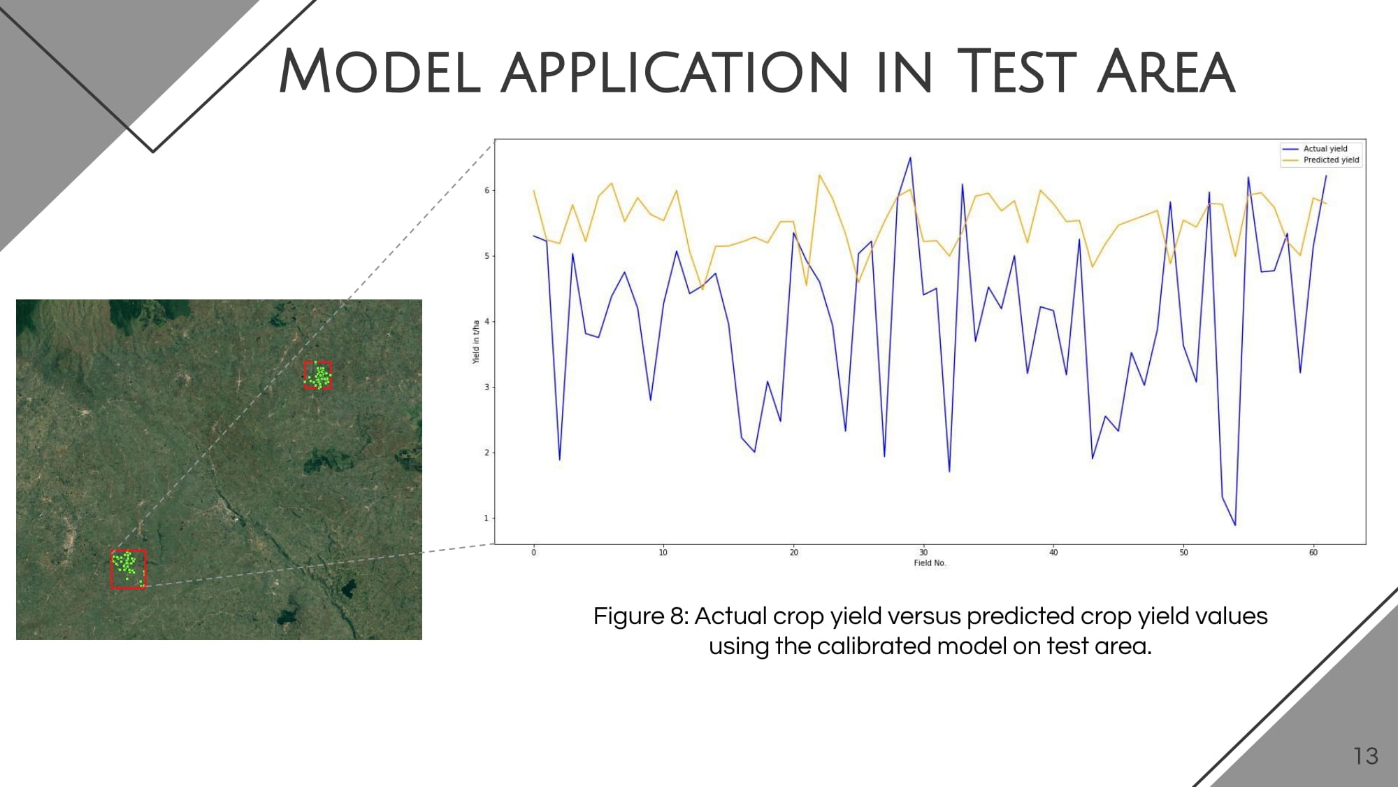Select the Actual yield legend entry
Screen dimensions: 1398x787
[1321, 148]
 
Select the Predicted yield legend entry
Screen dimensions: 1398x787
[1321, 160]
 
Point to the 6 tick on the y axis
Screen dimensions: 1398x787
[487, 190]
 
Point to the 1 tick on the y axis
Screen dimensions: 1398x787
[487, 518]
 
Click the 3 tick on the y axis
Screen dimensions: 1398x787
[487, 387]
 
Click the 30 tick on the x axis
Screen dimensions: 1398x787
[923, 553]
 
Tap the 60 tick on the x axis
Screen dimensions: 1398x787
[1313, 553]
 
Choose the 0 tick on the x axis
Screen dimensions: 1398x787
[533, 553]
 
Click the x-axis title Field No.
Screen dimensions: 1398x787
[930, 563]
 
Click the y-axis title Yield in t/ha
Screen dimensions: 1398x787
[476, 342]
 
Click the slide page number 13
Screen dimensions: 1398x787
[1366, 756]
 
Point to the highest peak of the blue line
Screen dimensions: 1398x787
[910, 157]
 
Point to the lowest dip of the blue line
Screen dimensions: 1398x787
[1235, 525]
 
